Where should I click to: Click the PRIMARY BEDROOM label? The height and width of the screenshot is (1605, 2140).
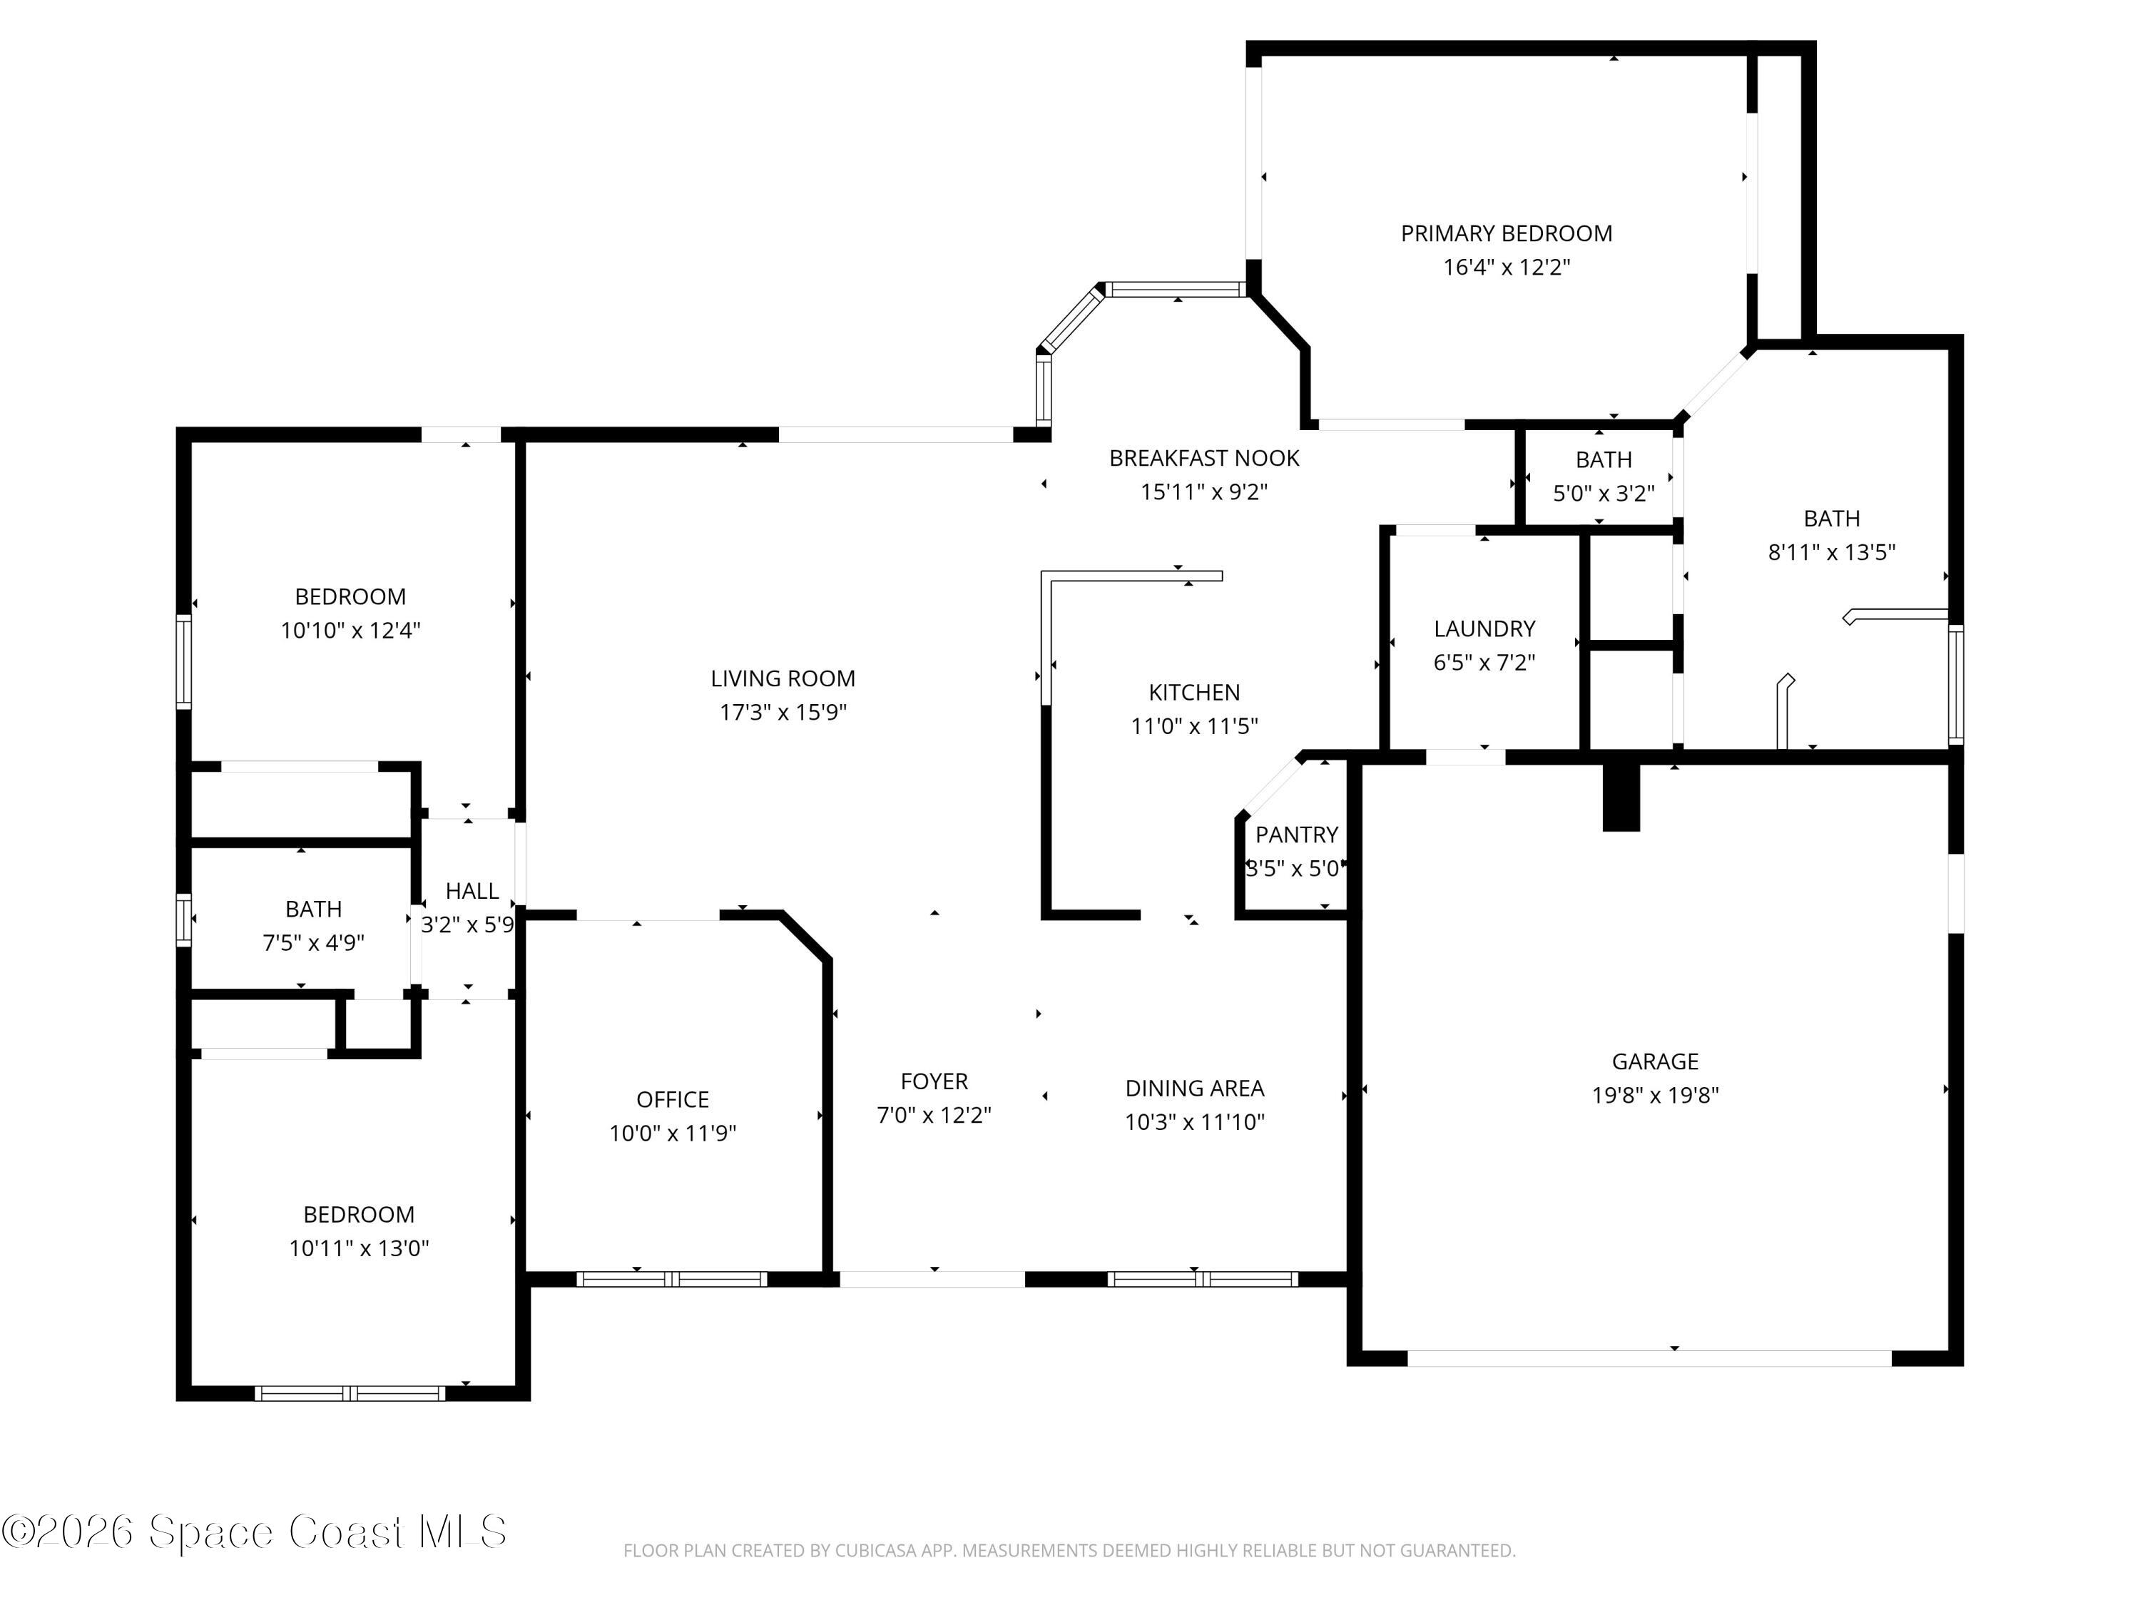[1507, 233]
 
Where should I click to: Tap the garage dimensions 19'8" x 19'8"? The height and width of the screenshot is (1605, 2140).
[1656, 1095]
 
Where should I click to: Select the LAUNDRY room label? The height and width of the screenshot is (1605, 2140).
[1484, 629]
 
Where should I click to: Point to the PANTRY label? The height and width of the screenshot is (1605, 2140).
[1296, 834]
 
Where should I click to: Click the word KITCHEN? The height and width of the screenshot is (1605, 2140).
[1194, 693]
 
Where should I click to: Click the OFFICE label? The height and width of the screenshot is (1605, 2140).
[673, 1100]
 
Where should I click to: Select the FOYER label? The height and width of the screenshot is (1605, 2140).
[934, 1081]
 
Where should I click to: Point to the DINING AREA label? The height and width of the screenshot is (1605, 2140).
[1194, 1089]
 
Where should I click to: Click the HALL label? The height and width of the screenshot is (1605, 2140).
[472, 891]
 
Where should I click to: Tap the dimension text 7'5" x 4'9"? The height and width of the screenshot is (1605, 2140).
[313, 942]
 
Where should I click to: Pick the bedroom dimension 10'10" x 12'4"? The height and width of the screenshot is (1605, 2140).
[350, 631]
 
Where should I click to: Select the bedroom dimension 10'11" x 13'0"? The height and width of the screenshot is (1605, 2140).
[359, 1248]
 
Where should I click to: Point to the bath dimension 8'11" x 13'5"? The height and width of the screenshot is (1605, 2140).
[1831, 552]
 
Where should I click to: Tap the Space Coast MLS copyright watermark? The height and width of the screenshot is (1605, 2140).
[253, 1532]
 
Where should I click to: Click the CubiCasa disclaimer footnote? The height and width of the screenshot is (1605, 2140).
[1069, 1551]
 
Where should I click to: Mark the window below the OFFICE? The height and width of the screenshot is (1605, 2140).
[673, 1279]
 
